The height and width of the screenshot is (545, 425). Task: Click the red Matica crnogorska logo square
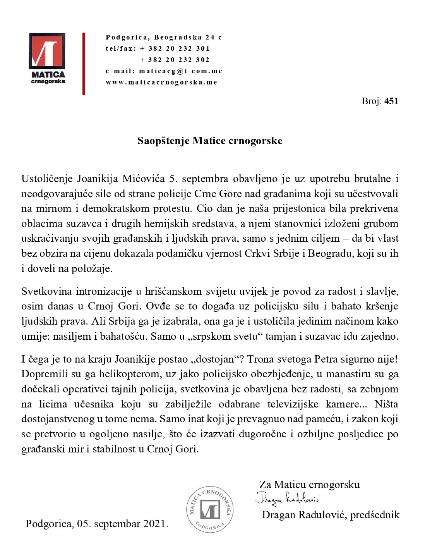47,50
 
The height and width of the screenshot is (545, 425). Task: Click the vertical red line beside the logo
84,64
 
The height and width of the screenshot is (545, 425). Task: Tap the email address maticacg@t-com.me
180,71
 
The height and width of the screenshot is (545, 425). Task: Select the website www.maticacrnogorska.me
161,82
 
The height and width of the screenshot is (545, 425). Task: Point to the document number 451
391,101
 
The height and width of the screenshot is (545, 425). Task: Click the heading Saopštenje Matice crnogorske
210,141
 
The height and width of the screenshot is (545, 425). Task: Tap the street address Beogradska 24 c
188,37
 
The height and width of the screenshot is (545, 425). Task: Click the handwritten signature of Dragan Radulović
287,499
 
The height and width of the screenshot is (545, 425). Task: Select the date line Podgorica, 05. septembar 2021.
97,524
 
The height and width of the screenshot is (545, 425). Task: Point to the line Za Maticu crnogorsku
309,485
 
